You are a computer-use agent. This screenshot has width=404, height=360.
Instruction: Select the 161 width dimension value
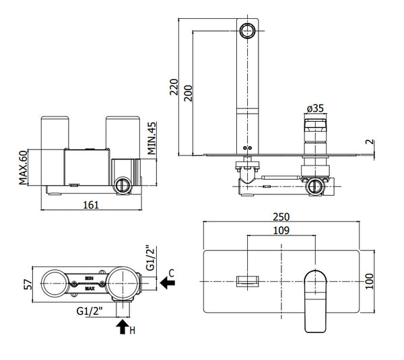tap(90, 205)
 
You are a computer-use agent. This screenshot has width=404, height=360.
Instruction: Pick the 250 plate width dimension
tap(282, 217)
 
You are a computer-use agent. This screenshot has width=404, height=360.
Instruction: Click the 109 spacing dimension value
tap(282, 230)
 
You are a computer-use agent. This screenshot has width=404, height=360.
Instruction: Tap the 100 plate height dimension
tap(369, 279)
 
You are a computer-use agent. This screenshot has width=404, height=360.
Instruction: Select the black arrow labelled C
tap(169, 285)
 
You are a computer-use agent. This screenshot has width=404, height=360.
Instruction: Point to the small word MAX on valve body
tap(89, 289)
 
